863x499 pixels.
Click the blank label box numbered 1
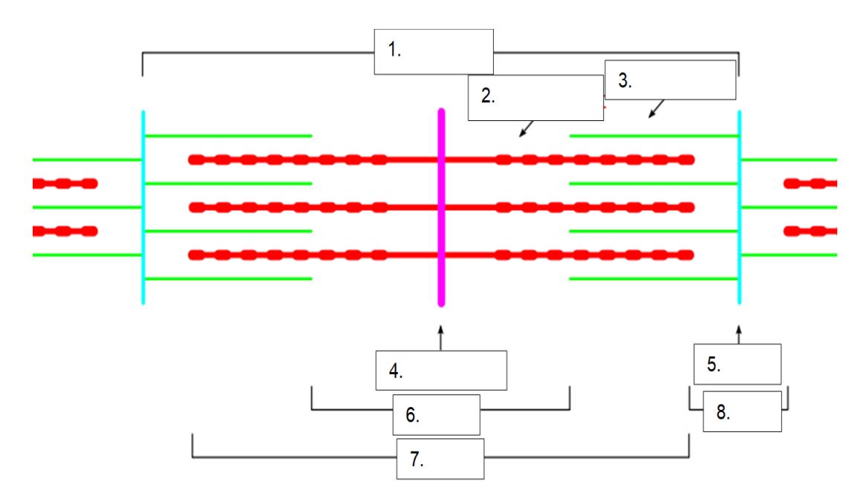pos(434,52)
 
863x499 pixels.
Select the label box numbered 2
pos(535,97)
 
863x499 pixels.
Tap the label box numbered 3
pos(671,79)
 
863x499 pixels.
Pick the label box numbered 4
pos(441,371)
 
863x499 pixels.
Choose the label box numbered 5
pos(737,364)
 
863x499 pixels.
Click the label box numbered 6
pos(437,415)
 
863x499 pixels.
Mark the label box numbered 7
pos(440,459)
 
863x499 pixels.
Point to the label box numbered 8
pos(743,411)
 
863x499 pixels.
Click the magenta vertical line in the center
pos(441,207)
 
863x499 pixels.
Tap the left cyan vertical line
pos(143,207)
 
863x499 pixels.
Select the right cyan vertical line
pos(739,207)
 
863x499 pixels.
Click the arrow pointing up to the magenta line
pos(441,338)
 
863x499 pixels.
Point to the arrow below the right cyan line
pos(739,334)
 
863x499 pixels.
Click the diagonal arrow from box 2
pos(527,128)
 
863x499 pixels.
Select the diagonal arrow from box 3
pos(657,109)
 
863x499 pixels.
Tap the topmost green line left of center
pos(228,135)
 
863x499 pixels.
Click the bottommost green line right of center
pos(654,279)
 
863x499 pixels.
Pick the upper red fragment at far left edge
pos(65,183)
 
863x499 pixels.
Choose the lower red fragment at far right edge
pos(810,231)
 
